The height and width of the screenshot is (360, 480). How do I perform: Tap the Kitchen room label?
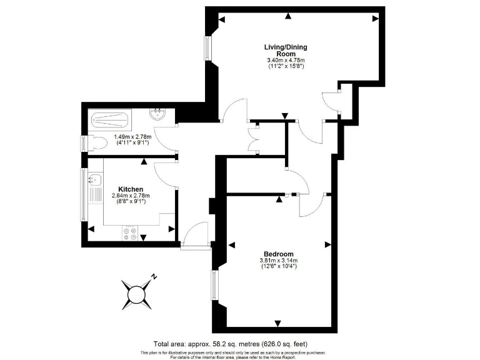tap(131, 189)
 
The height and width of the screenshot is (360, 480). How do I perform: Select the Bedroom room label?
tap(278, 254)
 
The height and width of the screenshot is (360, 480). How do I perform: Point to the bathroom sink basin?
tap(158, 116)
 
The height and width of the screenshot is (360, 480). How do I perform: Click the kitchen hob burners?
tap(131, 233)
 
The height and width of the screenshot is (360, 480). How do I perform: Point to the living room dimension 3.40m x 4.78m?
tap(286, 62)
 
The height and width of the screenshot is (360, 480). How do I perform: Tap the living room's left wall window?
tap(208, 51)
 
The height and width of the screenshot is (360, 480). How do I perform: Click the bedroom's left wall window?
tap(214, 286)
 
